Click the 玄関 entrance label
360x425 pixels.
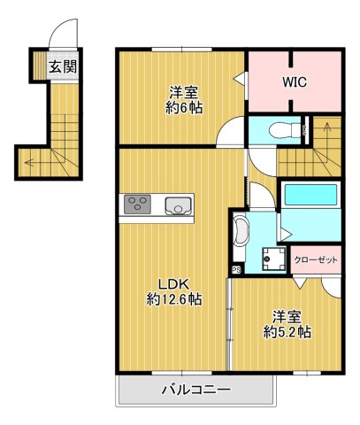tap(62, 66)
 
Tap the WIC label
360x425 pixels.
tap(294, 81)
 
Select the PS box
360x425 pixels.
tap(236, 269)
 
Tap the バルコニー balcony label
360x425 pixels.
tap(195, 390)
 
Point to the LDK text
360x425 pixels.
tap(172, 283)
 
